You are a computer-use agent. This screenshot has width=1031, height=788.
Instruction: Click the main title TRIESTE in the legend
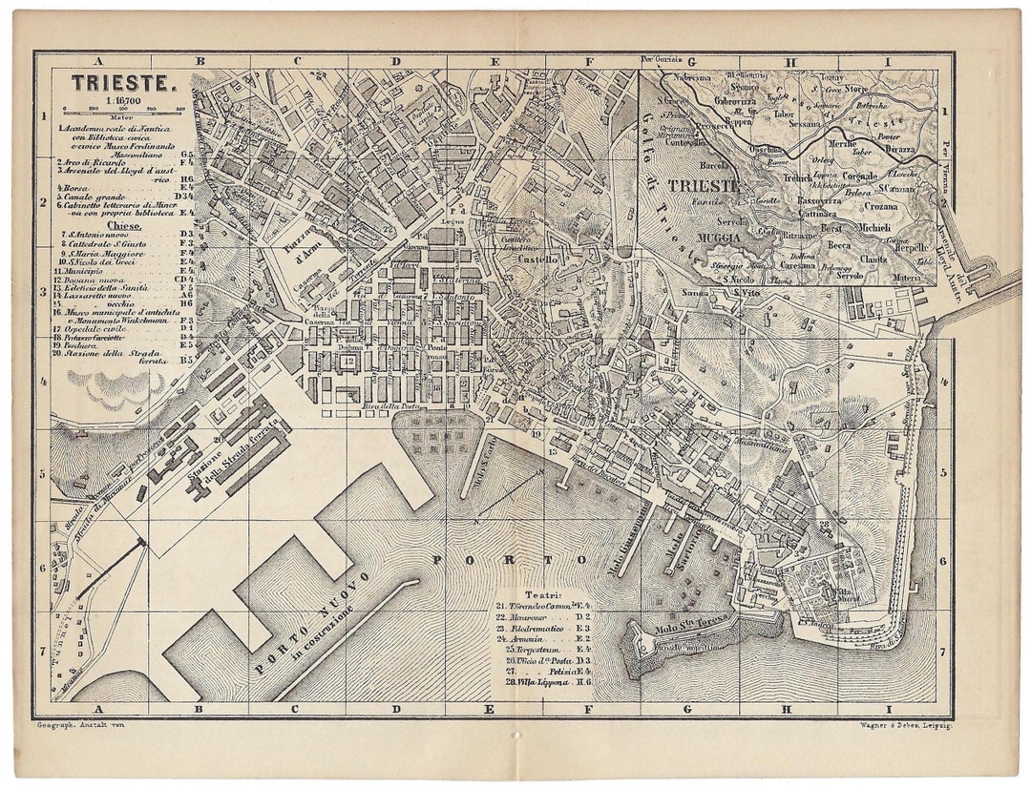pyautogui.click(x=123, y=83)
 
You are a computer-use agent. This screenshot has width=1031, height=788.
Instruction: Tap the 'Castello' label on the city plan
pyautogui.click(x=537, y=258)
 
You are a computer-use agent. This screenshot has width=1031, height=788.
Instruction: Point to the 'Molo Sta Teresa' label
pyautogui.click(x=702, y=626)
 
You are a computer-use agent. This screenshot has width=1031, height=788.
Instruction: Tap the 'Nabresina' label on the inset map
pyautogui.click(x=693, y=77)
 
